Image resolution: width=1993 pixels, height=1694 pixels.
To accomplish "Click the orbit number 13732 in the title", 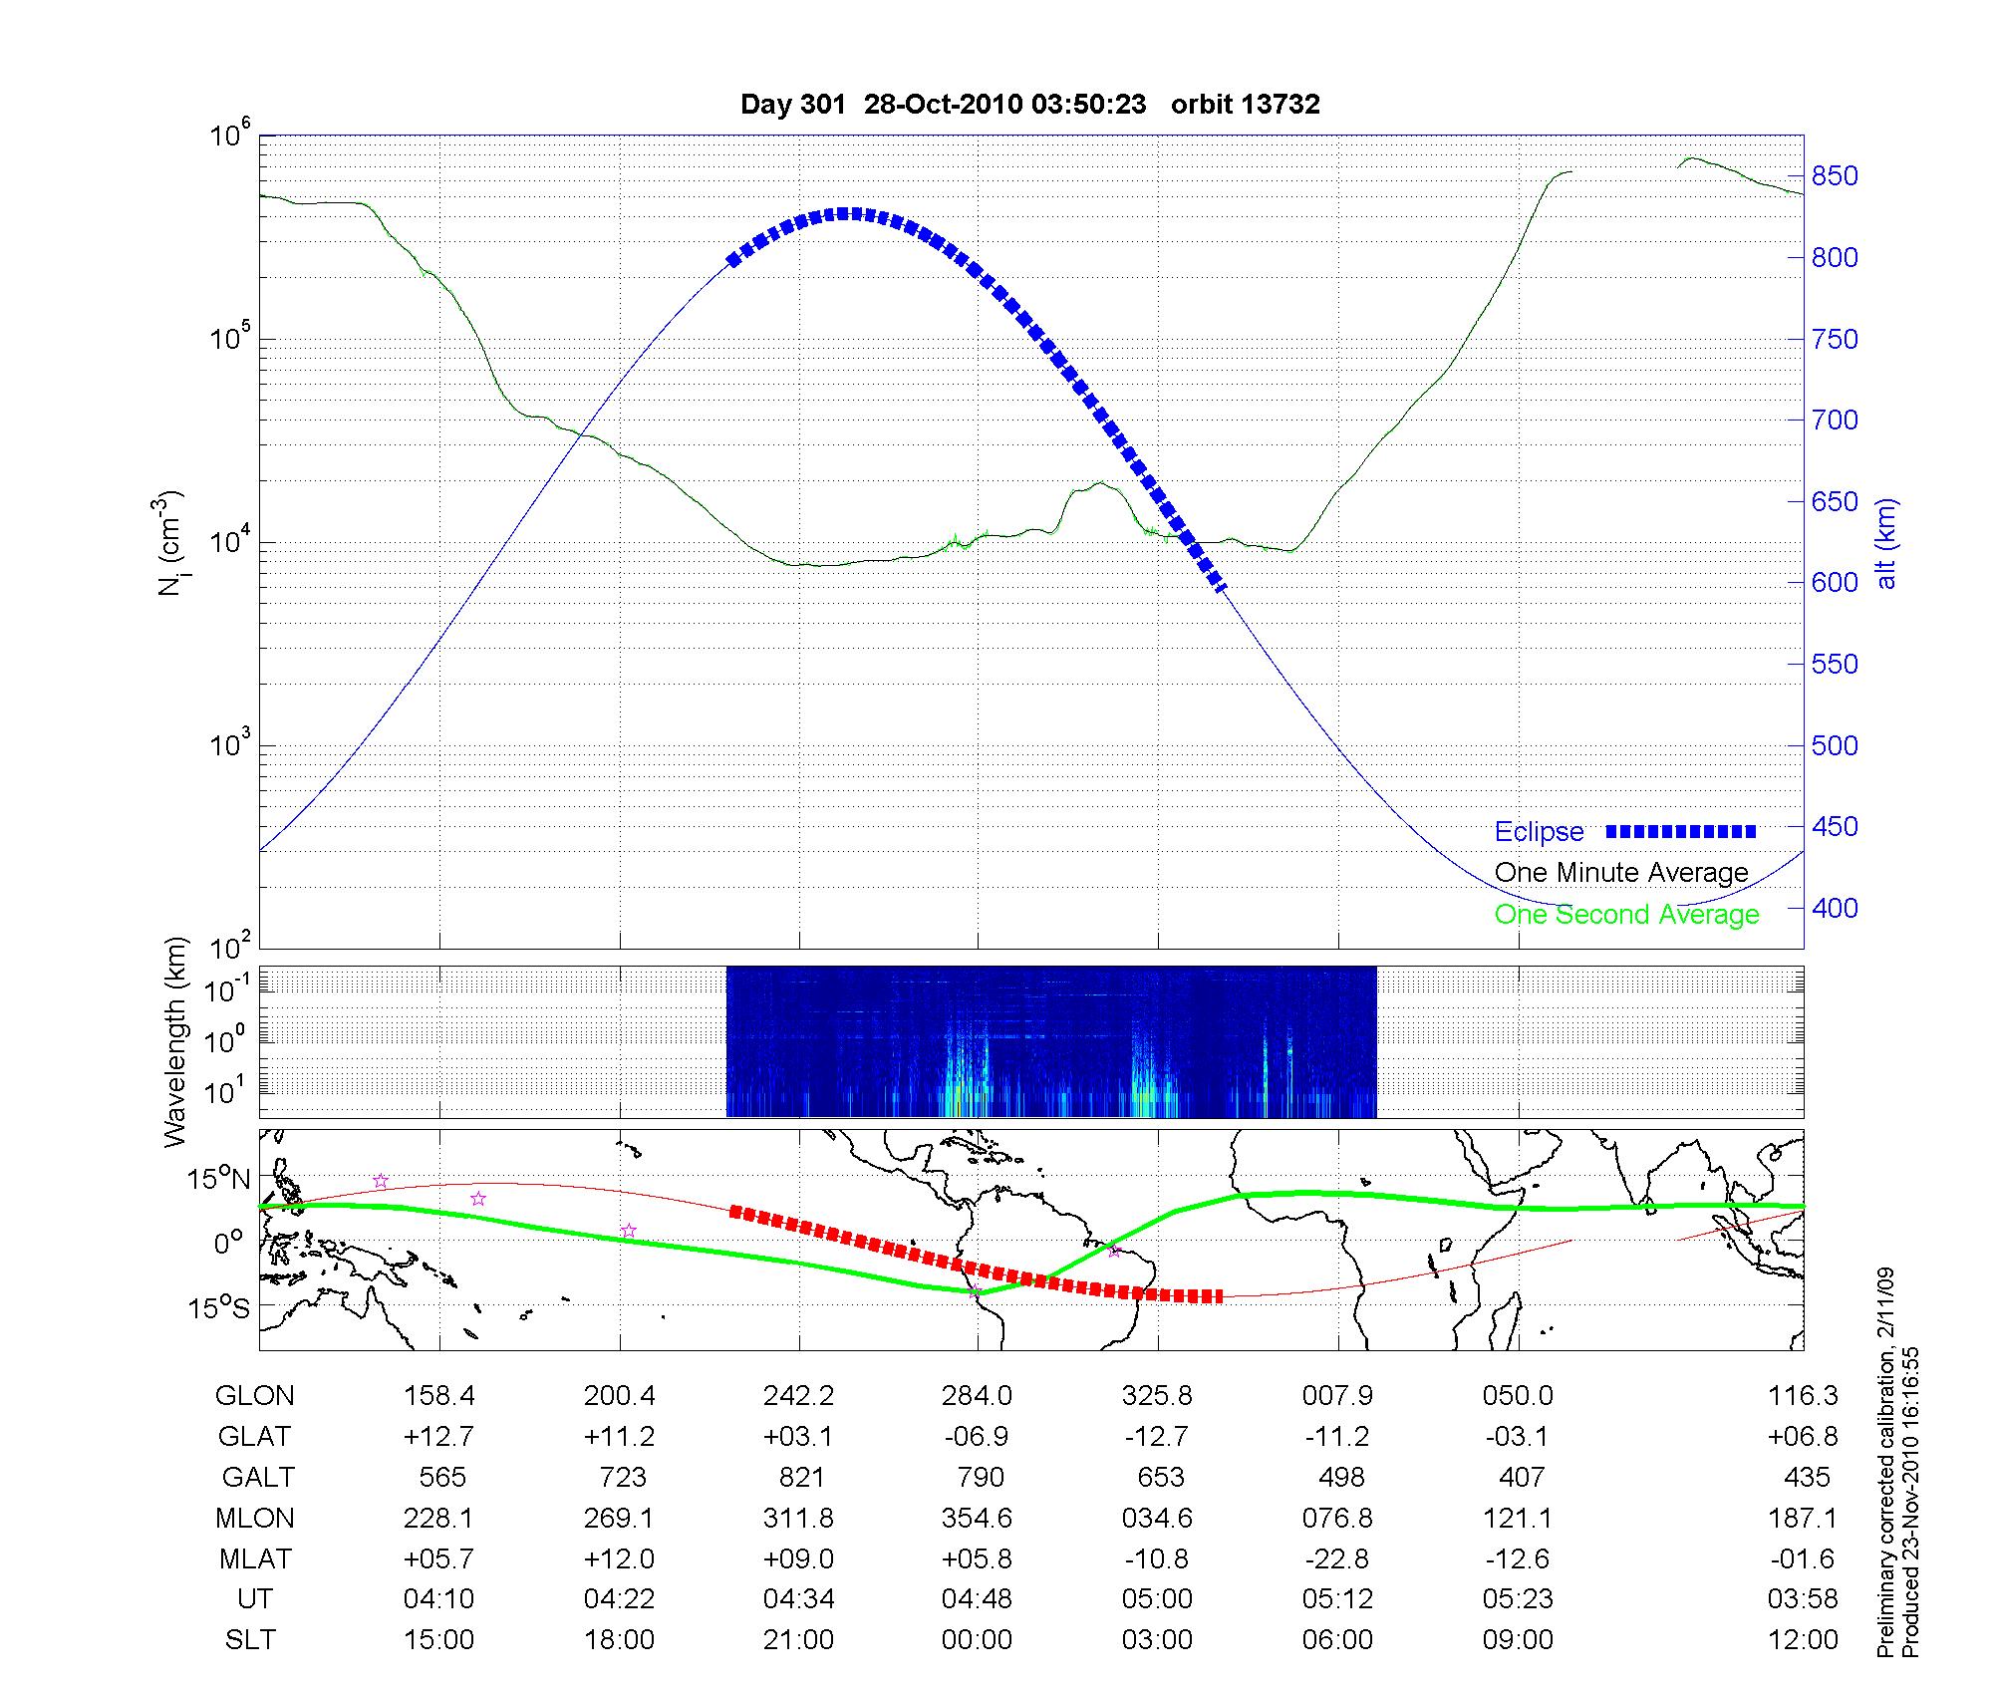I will [1281, 105].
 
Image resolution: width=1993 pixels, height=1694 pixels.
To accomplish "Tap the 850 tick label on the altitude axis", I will [1835, 176].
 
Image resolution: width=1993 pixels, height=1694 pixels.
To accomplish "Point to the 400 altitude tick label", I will [1835, 908].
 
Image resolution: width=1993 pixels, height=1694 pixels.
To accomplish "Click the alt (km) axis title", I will [1886, 543].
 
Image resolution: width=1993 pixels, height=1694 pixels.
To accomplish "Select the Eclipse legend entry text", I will [1539, 832].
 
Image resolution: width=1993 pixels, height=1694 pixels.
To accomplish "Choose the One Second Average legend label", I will [1626, 915].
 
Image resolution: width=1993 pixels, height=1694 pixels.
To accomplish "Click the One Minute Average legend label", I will [1621, 873].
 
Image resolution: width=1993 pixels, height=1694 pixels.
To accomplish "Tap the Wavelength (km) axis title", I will [176, 1041].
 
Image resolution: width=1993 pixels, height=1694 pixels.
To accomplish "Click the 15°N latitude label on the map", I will [219, 1180].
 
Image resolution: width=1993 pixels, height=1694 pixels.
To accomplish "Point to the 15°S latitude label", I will [219, 1307].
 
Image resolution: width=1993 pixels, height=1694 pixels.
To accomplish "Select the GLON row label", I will [254, 1395].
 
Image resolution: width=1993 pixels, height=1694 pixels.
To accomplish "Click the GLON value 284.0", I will [977, 1395].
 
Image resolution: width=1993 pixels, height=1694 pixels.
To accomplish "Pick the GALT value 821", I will [800, 1477].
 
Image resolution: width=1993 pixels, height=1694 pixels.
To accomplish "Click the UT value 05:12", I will [1337, 1599].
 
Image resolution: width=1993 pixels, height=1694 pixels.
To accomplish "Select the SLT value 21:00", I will [798, 1640].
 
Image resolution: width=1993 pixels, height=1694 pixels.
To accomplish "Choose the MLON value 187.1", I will [1803, 1518].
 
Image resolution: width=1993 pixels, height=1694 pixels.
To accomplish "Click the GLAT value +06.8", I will [1803, 1436].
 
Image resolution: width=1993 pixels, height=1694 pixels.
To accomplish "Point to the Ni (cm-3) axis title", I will [170, 543].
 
